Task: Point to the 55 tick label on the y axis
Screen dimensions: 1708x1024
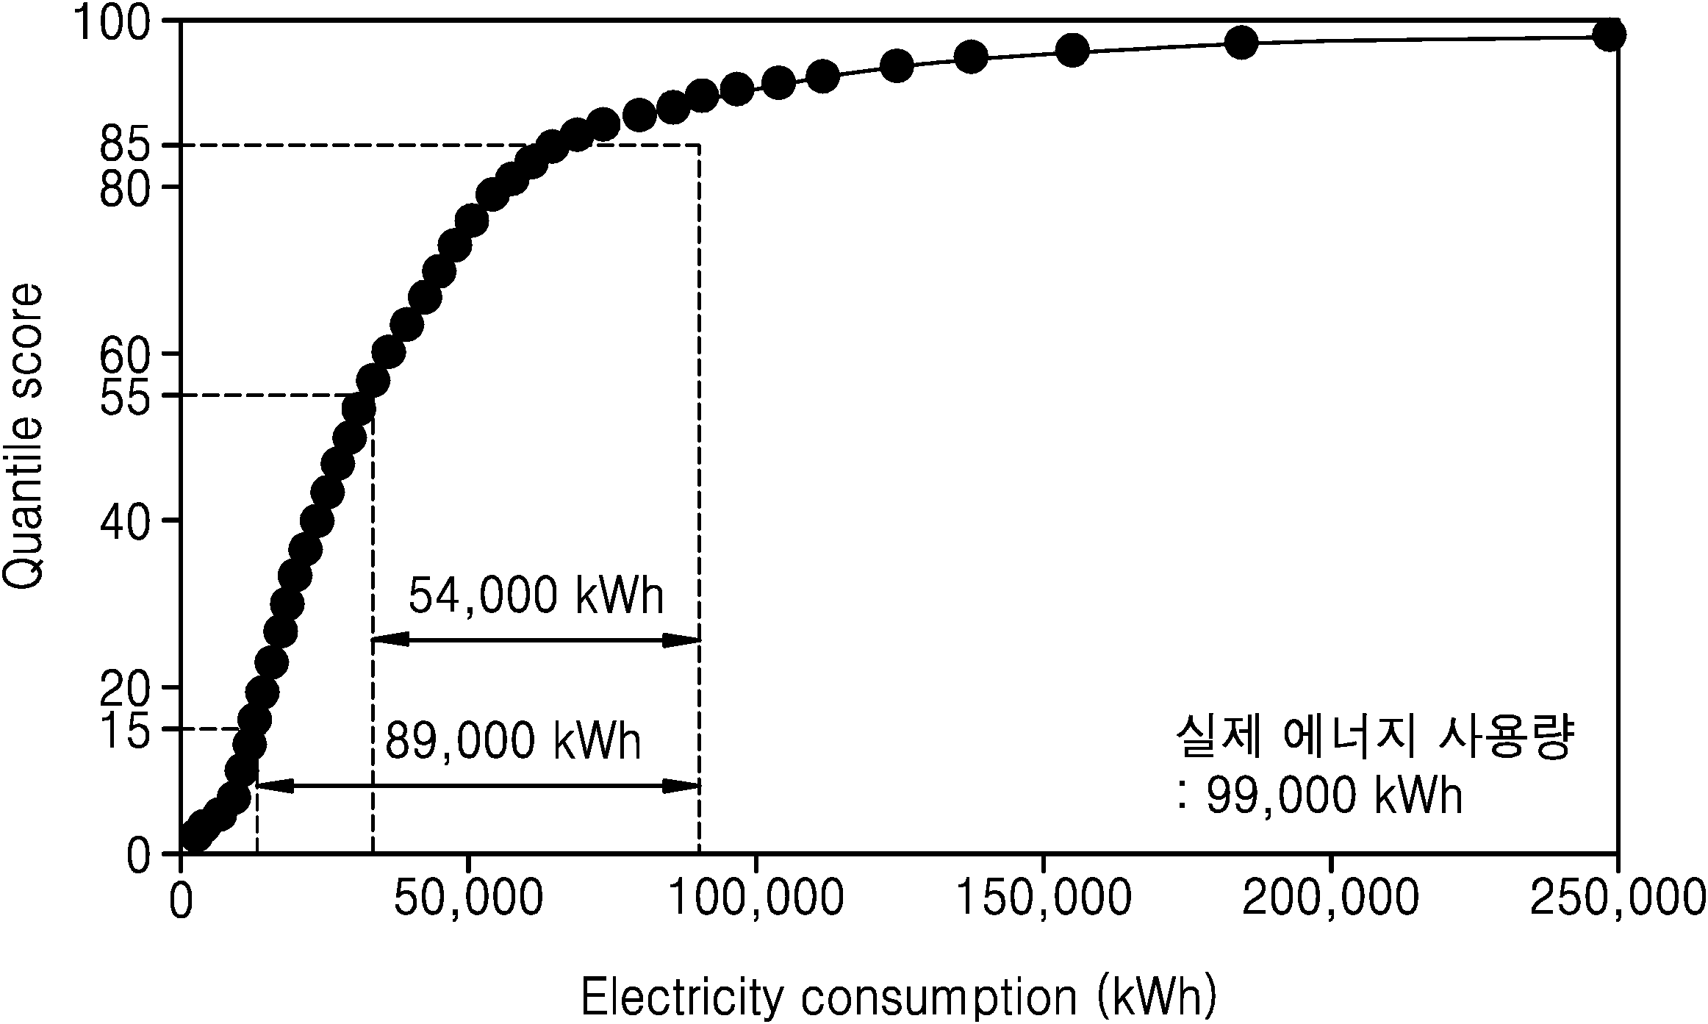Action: [123, 398]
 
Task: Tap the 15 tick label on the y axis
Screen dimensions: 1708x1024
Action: [123, 731]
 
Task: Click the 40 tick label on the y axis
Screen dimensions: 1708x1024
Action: [123, 521]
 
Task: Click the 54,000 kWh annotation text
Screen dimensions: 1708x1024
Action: [537, 595]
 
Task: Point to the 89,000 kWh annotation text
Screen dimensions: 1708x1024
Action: [514, 742]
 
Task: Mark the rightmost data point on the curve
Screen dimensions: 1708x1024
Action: [1609, 35]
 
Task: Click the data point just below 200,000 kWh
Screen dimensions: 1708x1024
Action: [1241, 42]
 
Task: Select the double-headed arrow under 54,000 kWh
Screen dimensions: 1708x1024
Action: [536, 640]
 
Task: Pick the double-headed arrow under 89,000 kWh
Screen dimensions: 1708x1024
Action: [478, 786]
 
